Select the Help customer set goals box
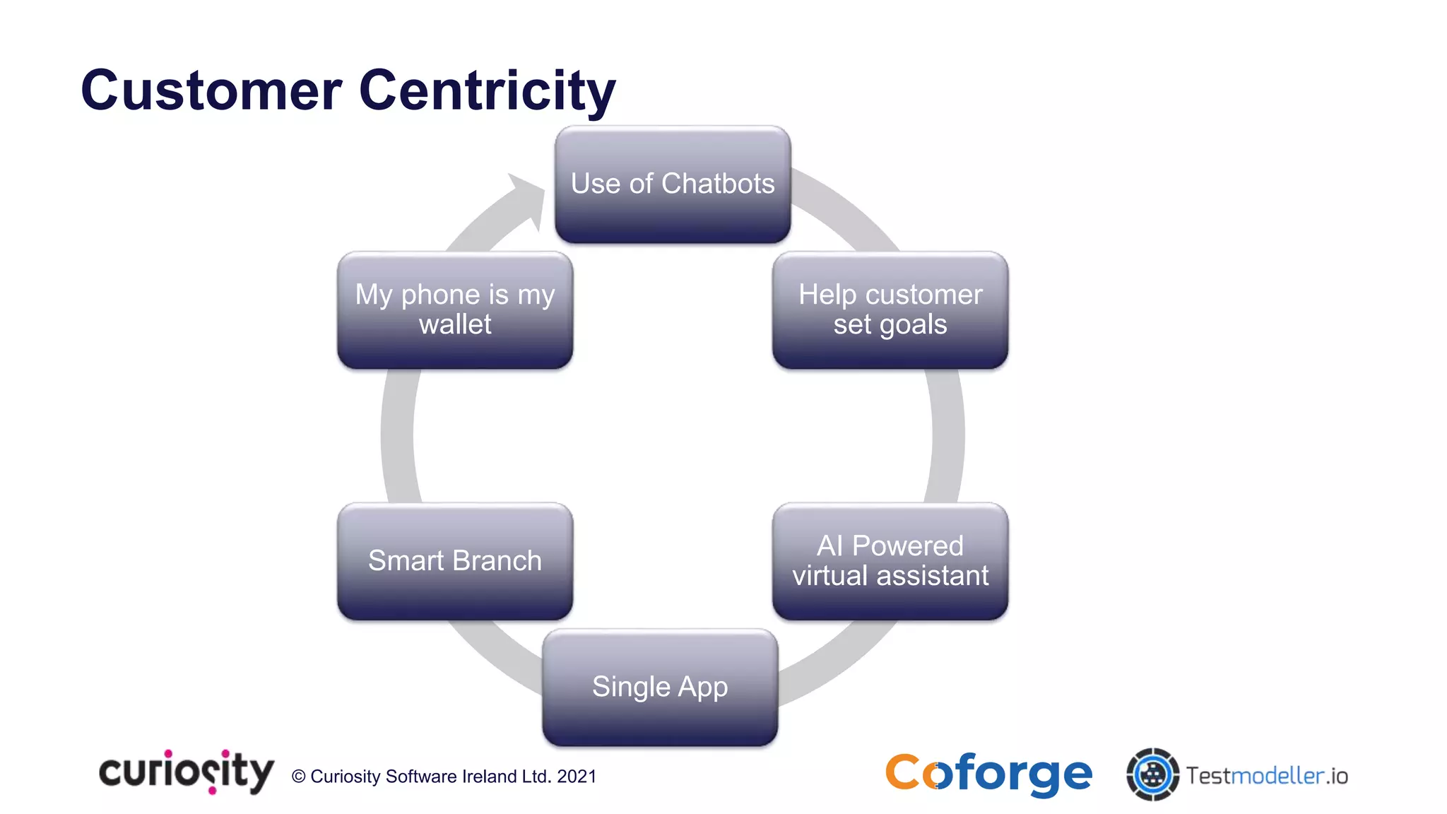pos(890,310)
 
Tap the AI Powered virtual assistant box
pos(890,561)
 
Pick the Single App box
pos(660,687)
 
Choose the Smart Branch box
pos(454,561)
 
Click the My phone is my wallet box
pos(454,310)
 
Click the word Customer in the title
pos(211,91)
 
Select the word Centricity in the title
pos(488,91)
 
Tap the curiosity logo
pos(186,772)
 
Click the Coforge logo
pos(988,774)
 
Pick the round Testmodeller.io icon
pos(1152,774)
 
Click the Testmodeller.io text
pos(1267,776)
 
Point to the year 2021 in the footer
pos(577,777)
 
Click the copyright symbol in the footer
pos(299,777)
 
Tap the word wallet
pos(454,325)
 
